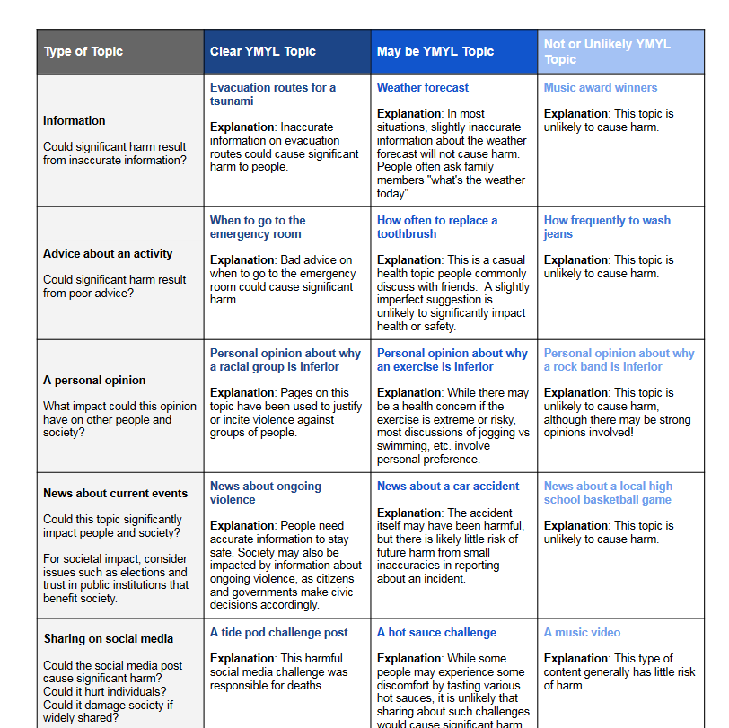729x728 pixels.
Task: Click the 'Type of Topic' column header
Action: [x=83, y=51]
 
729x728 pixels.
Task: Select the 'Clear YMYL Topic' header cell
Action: [x=263, y=51]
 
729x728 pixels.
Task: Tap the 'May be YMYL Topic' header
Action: [x=435, y=51]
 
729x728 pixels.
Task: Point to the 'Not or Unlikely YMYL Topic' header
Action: [x=607, y=51]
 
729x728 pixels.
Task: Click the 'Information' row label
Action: [x=75, y=120]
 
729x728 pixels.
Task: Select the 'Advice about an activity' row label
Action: [x=108, y=253]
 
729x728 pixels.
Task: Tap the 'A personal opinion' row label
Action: [x=94, y=380]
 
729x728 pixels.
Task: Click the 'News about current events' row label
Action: [x=116, y=493]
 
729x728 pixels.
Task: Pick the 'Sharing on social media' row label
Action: [x=109, y=639]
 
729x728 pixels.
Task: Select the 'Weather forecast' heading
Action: [x=423, y=87]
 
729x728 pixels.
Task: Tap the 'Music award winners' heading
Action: [x=601, y=87]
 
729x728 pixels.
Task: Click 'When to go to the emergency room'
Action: [x=258, y=226]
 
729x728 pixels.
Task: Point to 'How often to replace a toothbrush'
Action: [x=437, y=226]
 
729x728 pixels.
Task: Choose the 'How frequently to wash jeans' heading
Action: [x=607, y=226]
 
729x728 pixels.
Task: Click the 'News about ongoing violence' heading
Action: [x=266, y=492]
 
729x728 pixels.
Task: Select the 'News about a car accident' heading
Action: [x=448, y=486]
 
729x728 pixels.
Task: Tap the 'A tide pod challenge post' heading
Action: [x=279, y=632]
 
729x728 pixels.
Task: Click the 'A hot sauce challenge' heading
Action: [x=436, y=632]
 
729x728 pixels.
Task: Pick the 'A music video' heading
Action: [x=583, y=632]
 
